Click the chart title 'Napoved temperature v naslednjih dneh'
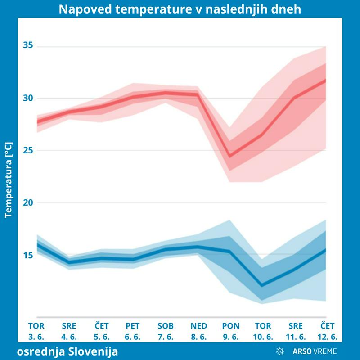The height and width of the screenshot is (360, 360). click(x=180, y=9)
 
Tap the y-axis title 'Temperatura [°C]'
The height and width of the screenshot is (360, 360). click(x=8, y=180)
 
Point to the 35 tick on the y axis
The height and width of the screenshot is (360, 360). click(x=29, y=46)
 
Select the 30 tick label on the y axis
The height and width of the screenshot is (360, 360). click(x=29, y=98)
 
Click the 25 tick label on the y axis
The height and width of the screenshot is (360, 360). click(x=29, y=150)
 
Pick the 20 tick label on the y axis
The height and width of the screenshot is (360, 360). click(x=29, y=202)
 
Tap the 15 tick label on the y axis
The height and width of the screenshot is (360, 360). click(x=29, y=255)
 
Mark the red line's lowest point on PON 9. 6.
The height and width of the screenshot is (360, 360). click(x=230, y=156)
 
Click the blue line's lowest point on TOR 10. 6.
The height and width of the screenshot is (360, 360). click(x=262, y=285)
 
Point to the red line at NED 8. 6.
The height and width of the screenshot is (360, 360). click(x=198, y=94)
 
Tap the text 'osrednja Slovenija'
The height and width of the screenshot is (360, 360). click(x=67, y=351)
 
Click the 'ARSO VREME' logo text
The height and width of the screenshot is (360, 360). click(x=315, y=351)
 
